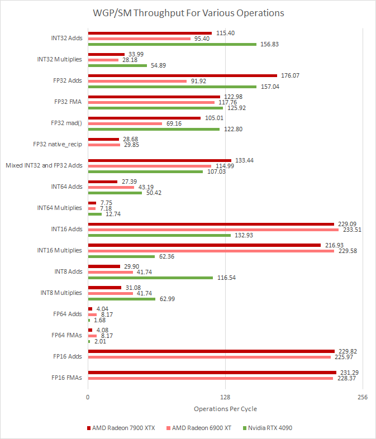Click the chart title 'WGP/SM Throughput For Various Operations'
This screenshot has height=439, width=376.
[188, 13]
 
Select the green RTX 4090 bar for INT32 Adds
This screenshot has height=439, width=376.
[172, 44]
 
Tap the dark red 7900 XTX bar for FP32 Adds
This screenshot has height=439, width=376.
[182, 75]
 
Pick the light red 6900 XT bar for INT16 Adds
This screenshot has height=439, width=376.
[213, 229]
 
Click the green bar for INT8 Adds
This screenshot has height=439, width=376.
[150, 277]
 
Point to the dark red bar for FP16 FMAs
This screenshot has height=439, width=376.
[212, 372]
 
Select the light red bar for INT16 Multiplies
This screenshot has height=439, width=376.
[211, 250]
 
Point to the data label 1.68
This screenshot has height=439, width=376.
[99, 320]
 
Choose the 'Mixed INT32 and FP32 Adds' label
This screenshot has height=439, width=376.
[44, 165]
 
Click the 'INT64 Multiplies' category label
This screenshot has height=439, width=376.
[59, 208]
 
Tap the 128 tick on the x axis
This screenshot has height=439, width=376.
[225, 397]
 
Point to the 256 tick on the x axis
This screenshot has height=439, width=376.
[362, 397]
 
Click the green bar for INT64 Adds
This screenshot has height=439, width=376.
[115, 192]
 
